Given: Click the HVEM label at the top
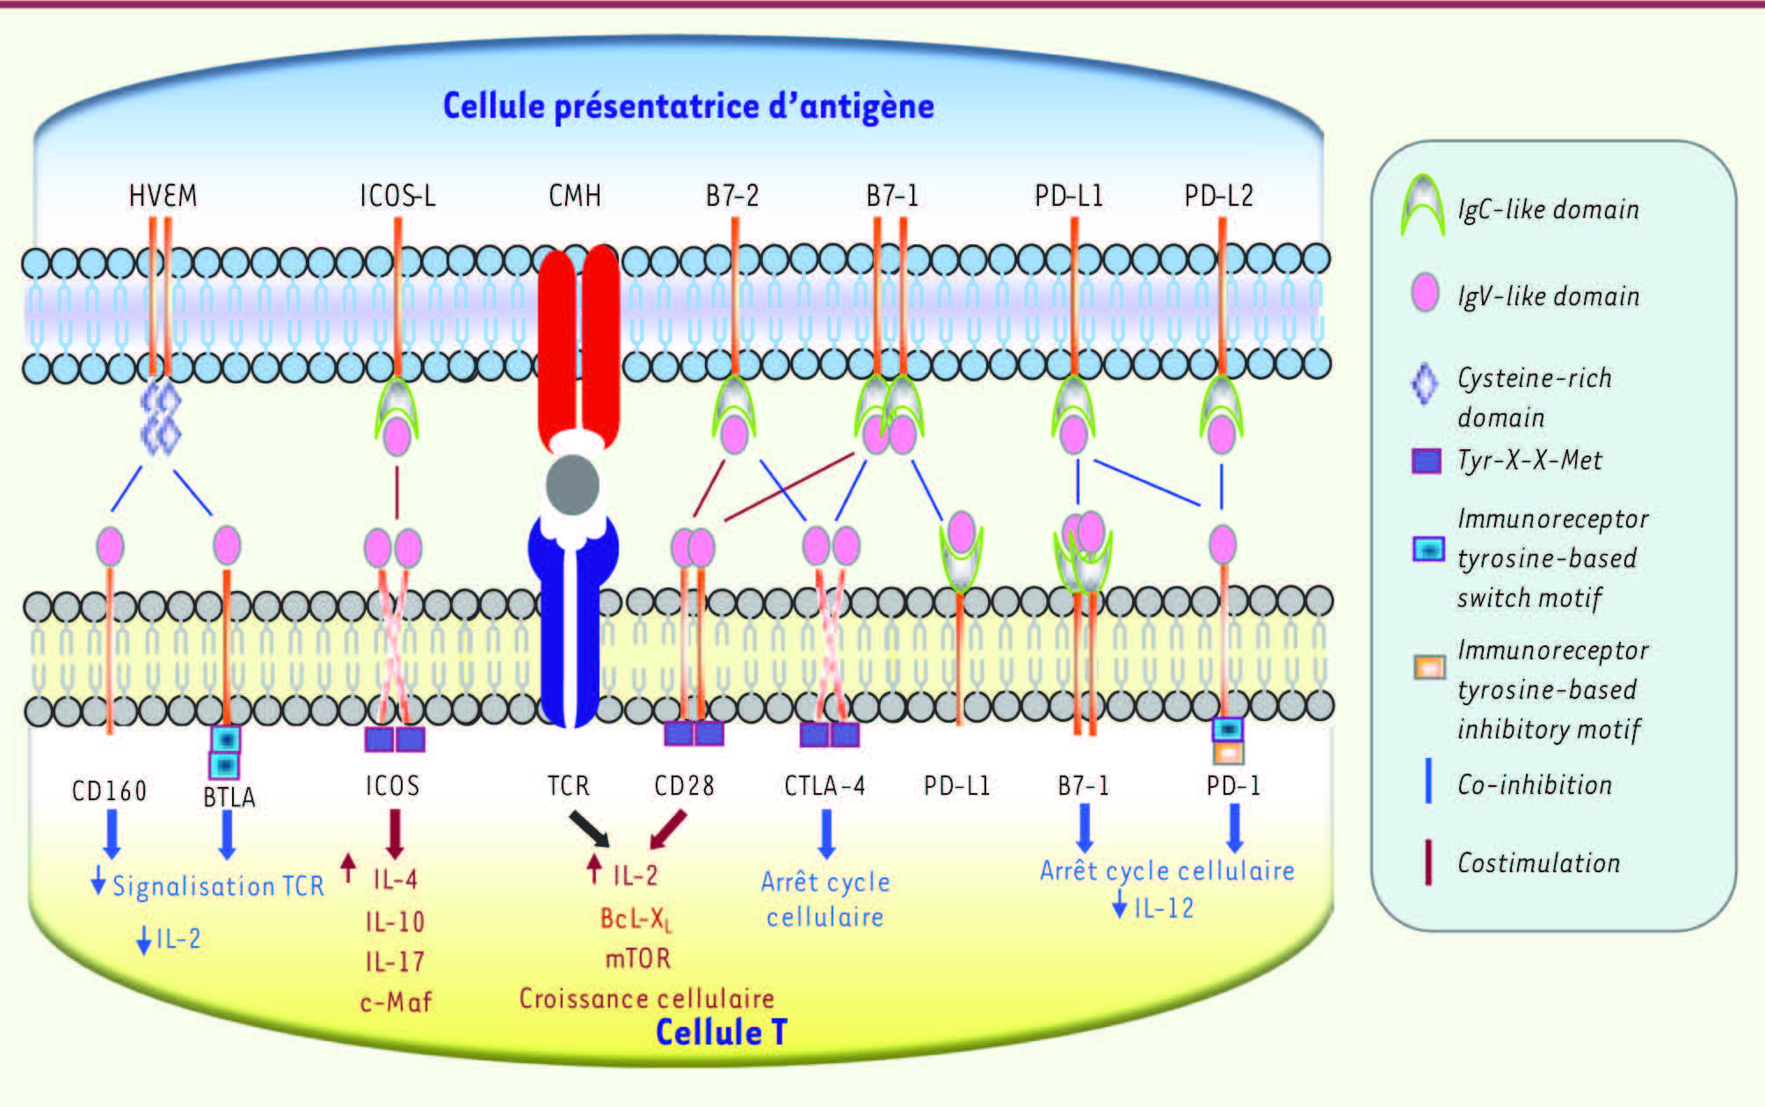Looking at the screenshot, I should coord(163,195).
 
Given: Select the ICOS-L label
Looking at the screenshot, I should coord(397,195).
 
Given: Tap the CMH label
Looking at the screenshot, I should coord(575,195).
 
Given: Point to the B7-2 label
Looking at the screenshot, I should coord(732,195).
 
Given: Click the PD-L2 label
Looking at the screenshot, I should coord(1218,195).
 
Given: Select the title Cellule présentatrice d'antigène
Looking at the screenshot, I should coord(688,106).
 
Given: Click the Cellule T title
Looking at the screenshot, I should coord(721,1032).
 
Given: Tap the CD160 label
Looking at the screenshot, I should coord(109,790).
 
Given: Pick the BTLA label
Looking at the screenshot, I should coord(229,797).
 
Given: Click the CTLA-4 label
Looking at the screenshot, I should coord(824,785).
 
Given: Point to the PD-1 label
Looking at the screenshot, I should coord(1233,785).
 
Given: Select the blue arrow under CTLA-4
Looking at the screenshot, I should coord(826,834).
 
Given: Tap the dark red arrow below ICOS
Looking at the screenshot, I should coord(395,833).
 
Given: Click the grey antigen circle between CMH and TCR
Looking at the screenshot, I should coord(572,484).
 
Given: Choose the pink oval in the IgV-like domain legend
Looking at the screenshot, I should coord(1424,293).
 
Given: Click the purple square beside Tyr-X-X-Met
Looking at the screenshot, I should coord(1426,461).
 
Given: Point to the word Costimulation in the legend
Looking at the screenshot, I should coord(1538,863).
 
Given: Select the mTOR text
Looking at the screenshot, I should coord(637,958).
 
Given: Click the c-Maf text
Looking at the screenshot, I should coord(396,1001).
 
